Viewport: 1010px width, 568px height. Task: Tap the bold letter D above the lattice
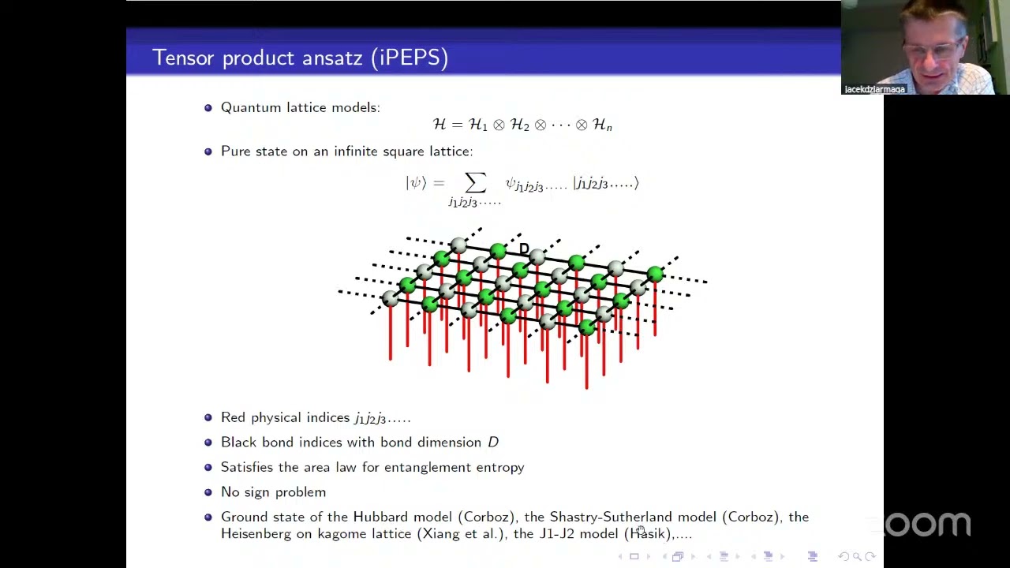[x=524, y=249]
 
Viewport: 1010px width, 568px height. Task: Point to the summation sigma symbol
[x=475, y=183]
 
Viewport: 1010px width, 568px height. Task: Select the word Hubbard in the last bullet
[x=381, y=517]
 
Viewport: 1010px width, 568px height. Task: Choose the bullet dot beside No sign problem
[x=208, y=492]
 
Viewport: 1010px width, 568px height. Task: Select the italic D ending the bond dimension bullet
[x=493, y=443]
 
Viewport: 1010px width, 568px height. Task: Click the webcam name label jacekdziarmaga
[x=874, y=89]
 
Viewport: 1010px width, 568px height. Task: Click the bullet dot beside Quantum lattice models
[x=208, y=107]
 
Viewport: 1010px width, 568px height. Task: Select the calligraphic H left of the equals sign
[x=440, y=125]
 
